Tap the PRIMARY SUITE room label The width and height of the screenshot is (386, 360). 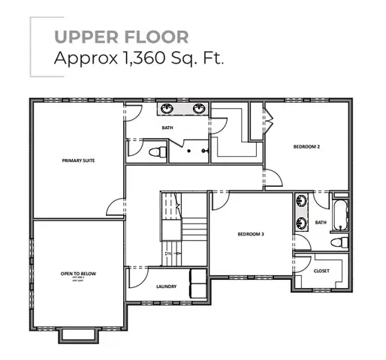click(78, 160)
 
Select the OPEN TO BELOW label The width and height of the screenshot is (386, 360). click(77, 274)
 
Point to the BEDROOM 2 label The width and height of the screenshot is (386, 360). click(306, 147)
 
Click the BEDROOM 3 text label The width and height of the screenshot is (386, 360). click(251, 235)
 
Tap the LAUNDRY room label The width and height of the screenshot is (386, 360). click(166, 286)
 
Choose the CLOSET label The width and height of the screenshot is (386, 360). click(322, 271)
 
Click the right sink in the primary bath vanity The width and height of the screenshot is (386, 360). click(199, 109)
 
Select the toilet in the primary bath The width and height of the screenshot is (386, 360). click(156, 152)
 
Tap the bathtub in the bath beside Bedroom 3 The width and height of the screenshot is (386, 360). click(340, 214)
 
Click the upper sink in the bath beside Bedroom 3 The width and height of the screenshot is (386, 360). click(301, 202)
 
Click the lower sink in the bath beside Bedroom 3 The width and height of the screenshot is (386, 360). click(301, 223)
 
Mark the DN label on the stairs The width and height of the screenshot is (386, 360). click(167, 253)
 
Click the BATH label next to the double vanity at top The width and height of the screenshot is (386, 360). click(167, 128)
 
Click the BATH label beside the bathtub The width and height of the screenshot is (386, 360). click(321, 222)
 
